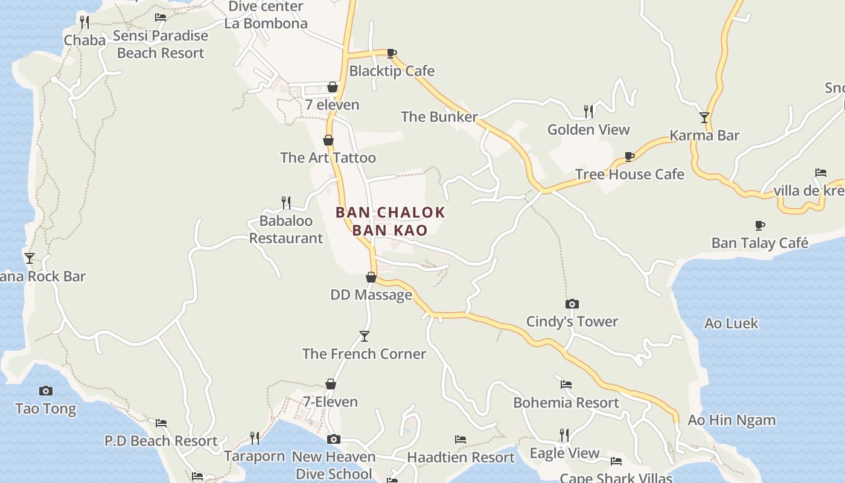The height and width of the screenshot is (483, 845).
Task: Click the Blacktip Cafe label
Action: [392, 71]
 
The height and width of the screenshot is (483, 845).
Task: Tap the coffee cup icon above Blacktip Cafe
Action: [391, 53]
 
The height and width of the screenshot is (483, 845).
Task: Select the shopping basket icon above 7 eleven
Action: [332, 87]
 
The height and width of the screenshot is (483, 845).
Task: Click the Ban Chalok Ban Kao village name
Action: [390, 221]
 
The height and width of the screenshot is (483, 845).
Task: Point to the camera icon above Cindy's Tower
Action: [572, 304]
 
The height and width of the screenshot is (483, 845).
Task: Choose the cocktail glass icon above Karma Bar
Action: [704, 117]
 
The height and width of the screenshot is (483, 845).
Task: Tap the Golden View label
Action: [588, 129]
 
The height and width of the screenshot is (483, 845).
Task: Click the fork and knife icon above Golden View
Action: [588, 111]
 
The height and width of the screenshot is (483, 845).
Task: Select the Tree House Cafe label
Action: [630, 174]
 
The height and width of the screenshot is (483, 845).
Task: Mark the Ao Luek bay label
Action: [731, 323]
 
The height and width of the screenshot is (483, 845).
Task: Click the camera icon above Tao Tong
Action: [45, 391]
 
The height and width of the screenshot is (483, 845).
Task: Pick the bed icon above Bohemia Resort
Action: [566, 384]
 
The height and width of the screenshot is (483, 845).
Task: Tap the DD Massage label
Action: [371, 295]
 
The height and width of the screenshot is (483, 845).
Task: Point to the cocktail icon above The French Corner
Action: [364, 336]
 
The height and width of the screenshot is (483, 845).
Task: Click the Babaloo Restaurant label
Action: [286, 229]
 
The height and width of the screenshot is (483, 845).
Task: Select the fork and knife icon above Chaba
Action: [84, 22]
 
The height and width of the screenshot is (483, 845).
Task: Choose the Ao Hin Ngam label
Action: [732, 420]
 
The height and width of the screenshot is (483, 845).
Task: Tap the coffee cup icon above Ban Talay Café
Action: [759, 226]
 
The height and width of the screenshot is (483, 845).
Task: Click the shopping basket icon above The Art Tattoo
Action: [328, 140]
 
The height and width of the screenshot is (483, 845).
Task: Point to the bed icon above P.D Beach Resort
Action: [161, 423]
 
